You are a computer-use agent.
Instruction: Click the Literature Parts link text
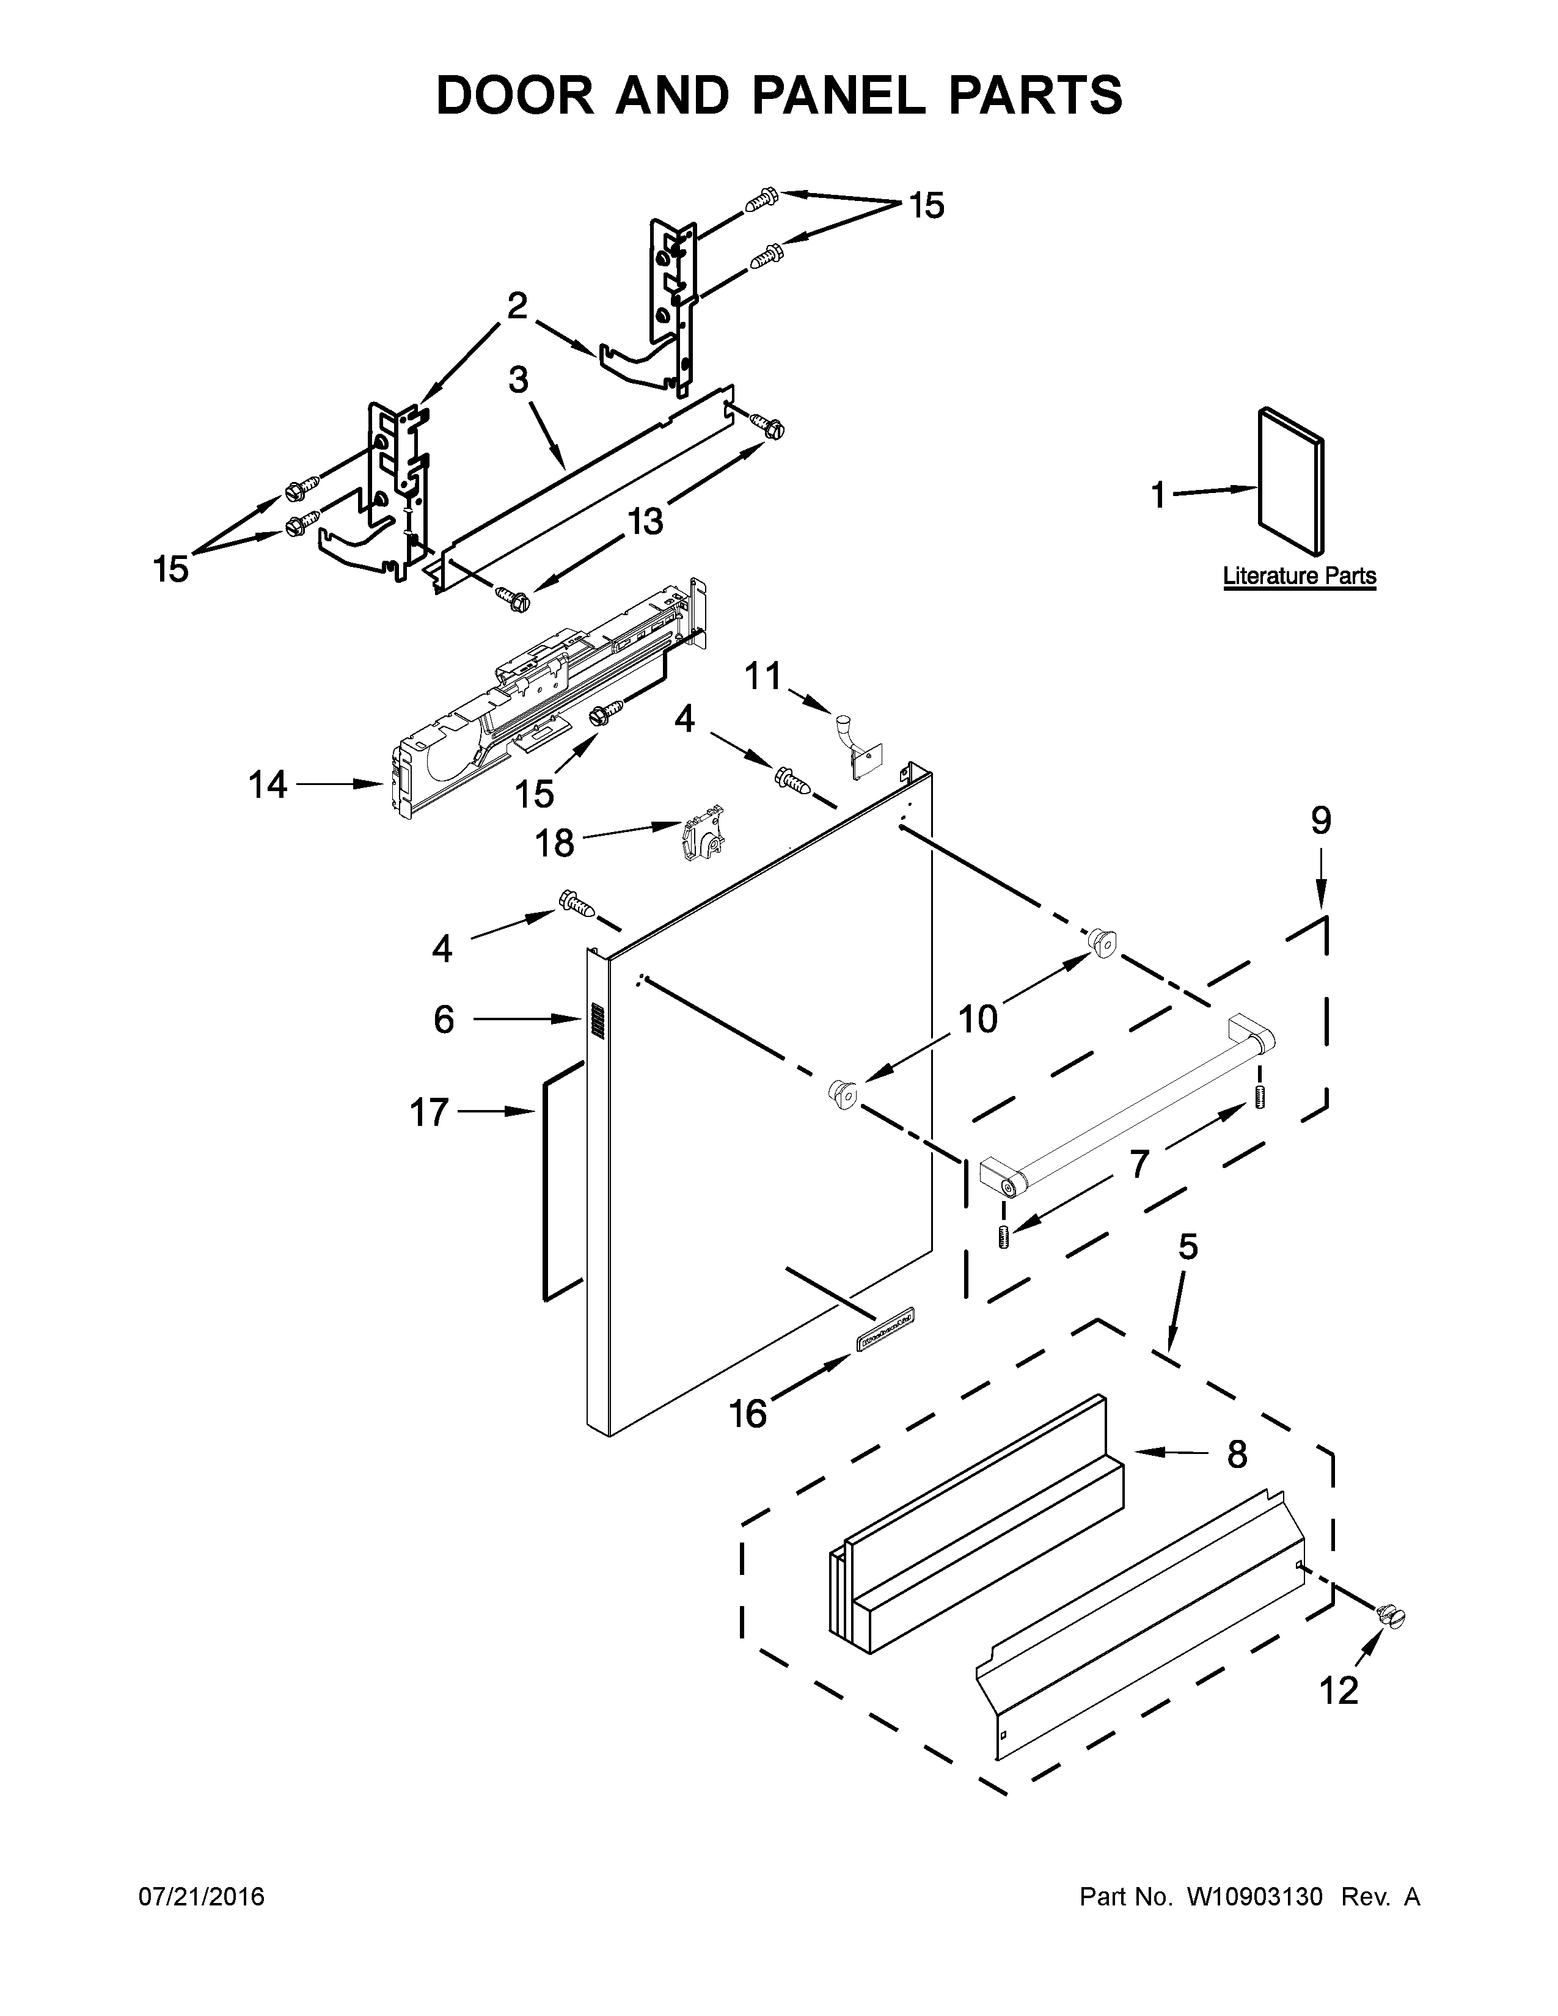click(x=1299, y=576)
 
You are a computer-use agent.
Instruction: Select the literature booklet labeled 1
click(x=1291, y=484)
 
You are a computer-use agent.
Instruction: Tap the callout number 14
click(x=268, y=786)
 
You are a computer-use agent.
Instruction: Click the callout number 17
click(x=429, y=1113)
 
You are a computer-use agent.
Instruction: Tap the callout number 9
click(x=1321, y=820)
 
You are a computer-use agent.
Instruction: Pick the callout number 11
click(x=763, y=677)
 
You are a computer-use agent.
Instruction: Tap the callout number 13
click(x=645, y=522)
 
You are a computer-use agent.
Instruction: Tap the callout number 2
click(x=517, y=305)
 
